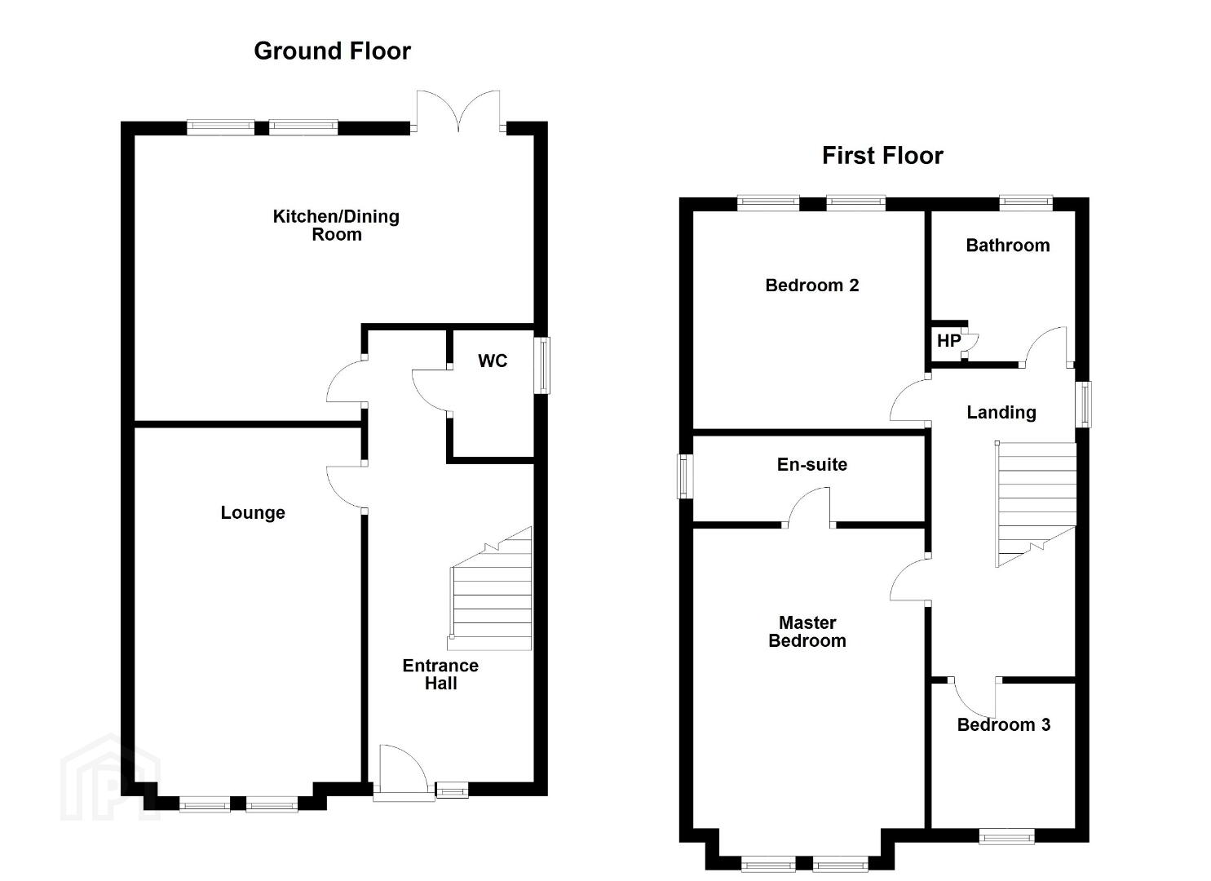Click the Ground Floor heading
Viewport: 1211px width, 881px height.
pos(332,51)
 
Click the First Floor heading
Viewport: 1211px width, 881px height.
pos(882,156)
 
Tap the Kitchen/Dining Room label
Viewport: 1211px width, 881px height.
pos(336,225)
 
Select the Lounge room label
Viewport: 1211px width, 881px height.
pos(253,512)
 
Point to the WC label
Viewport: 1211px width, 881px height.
pos(493,361)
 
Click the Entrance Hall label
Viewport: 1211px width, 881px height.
pos(440,675)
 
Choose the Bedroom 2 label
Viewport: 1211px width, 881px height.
pos(811,286)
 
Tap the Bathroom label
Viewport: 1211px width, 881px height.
pos(1007,246)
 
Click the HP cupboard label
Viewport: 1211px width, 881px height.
pos(948,341)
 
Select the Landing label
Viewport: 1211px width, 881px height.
pos(1001,413)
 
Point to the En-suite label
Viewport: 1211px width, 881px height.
pos(811,465)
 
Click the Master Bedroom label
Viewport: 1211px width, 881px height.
pos(807,632)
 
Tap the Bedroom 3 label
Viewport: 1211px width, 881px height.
pos(1003,724)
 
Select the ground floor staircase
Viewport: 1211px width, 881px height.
pos(491,591)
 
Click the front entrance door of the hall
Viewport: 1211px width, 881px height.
pos(401,771)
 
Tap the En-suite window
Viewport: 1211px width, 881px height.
pos(685,476)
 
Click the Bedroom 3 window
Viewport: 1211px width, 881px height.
pos(1006,835)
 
